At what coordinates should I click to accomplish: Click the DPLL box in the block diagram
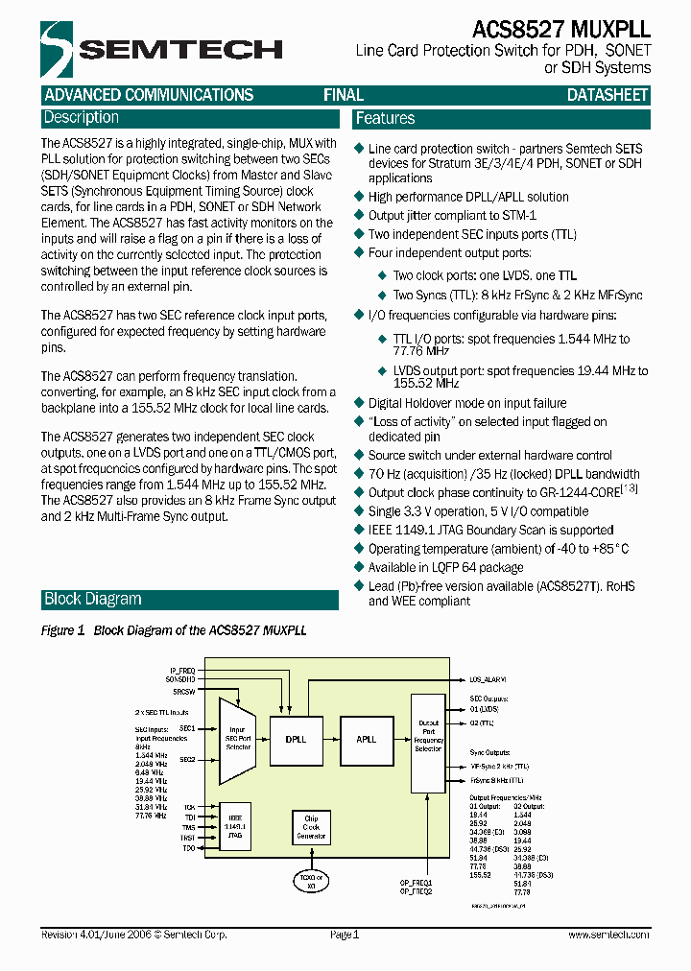[297, 740]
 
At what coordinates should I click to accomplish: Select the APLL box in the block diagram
[367, 740]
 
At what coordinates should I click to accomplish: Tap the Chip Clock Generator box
[310, 826]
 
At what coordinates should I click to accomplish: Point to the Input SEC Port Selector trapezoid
[237, 740]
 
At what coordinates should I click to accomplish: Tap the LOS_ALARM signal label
[488, 678]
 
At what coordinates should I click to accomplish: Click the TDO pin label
[189, 849]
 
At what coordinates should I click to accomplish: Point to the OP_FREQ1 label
[417, 882]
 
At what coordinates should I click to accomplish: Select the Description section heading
[82, 118]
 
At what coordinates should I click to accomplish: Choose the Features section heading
[385, 119]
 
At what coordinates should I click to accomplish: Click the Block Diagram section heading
[92, 600]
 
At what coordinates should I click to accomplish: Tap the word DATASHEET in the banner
[608, 95]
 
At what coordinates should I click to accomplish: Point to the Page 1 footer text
[344, 935]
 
